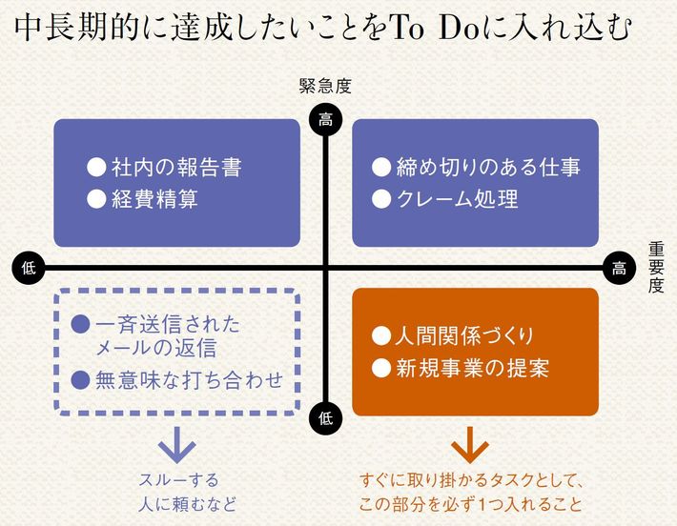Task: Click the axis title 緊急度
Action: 325,87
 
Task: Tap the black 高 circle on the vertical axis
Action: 326,119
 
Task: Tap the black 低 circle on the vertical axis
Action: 326,415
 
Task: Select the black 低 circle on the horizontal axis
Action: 28,268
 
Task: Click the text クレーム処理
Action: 457,199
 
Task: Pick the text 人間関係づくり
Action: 464,336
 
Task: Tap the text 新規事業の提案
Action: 472,368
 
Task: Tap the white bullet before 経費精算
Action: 95,199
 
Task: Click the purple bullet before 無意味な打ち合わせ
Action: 81,379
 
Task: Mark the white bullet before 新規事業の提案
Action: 381,368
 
